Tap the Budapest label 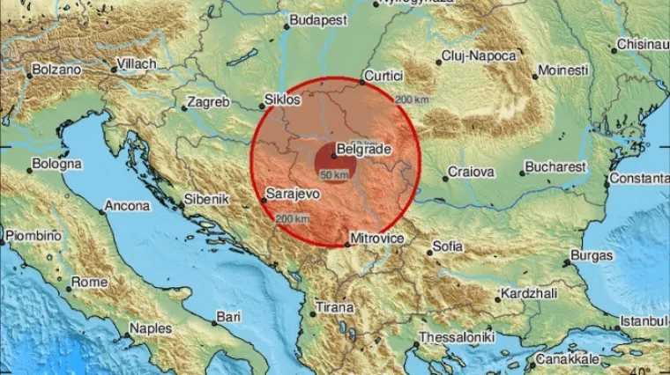tap(318, 19)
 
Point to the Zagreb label tap(211, 102)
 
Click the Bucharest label tap(555, 166)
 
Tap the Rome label tap(89, 283)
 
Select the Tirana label tap(336, 308)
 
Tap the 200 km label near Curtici tap(413, 99)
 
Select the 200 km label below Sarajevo tap(292, 218)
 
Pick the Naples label tap(151, 328)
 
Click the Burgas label tap(592, 256)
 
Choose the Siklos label tap(284, 100)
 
